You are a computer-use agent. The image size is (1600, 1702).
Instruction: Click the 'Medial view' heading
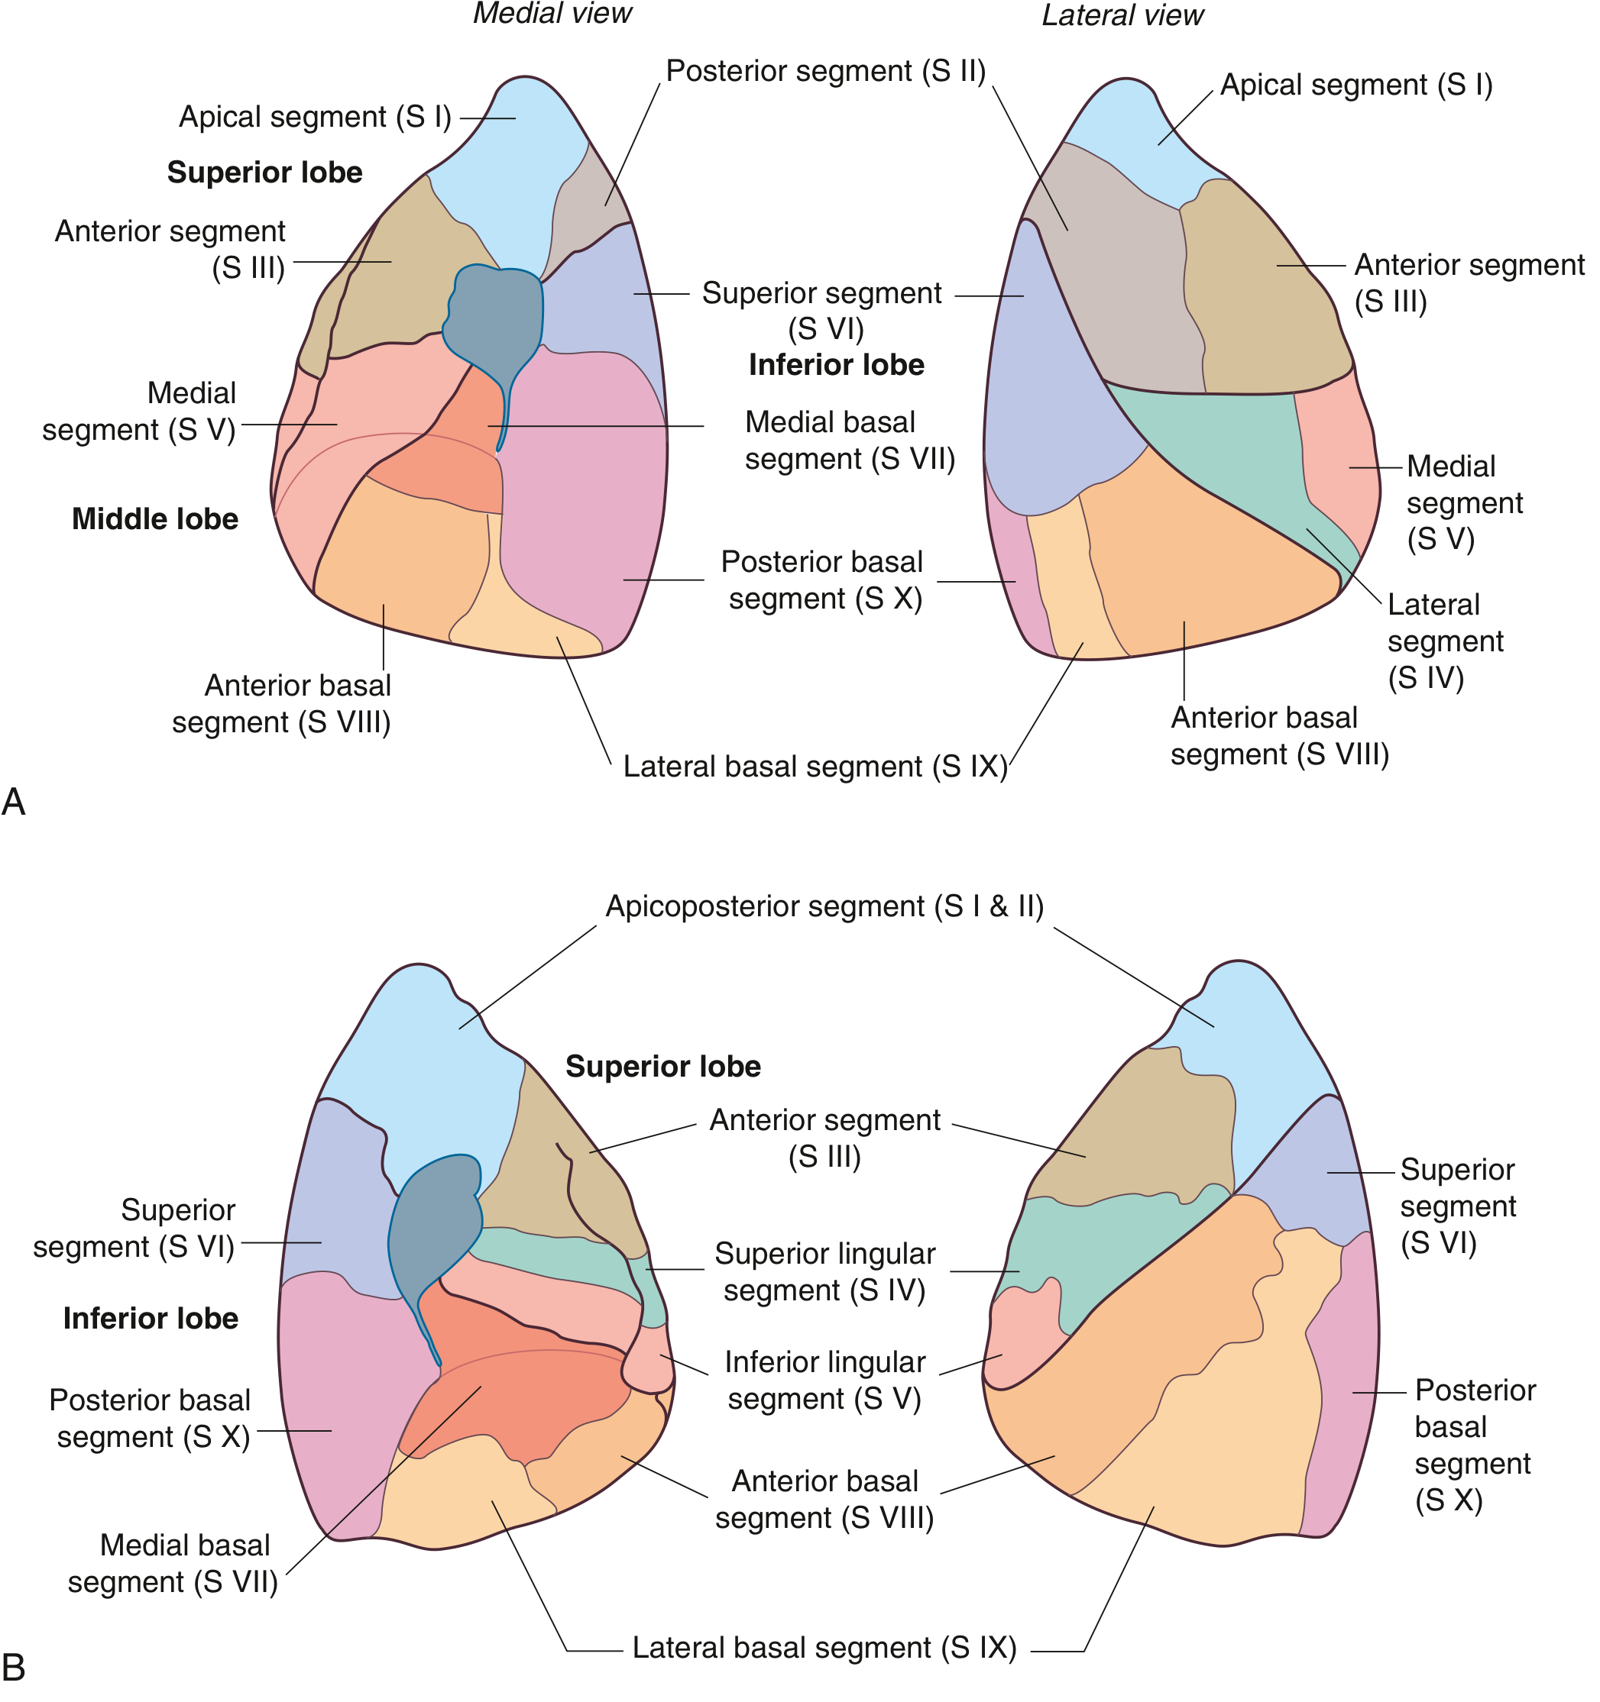tap(552, 14)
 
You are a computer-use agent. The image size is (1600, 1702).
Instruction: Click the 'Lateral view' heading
tap(1122, 15)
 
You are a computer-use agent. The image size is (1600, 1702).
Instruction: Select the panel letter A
tap(14, 803)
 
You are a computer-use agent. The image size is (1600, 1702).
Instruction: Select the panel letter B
tap(14, 1668)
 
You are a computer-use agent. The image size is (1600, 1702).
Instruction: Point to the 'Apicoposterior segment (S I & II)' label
tap(824, 906)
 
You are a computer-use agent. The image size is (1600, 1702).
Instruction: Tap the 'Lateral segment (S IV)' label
tap(1445, 641)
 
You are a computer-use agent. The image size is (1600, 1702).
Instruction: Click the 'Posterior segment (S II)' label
tap(826, 71)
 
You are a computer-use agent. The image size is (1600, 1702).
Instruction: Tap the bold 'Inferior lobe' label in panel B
tap(151, 1319)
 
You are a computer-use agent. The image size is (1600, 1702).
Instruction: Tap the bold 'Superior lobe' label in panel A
tap(264, 173)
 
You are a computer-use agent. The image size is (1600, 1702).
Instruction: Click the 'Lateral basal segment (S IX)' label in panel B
tap(824, 1648)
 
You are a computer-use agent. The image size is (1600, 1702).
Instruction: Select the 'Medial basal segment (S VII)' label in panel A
tap(849, 441)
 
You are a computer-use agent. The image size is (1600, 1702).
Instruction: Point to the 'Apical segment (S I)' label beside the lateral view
tap(1356, 86)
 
